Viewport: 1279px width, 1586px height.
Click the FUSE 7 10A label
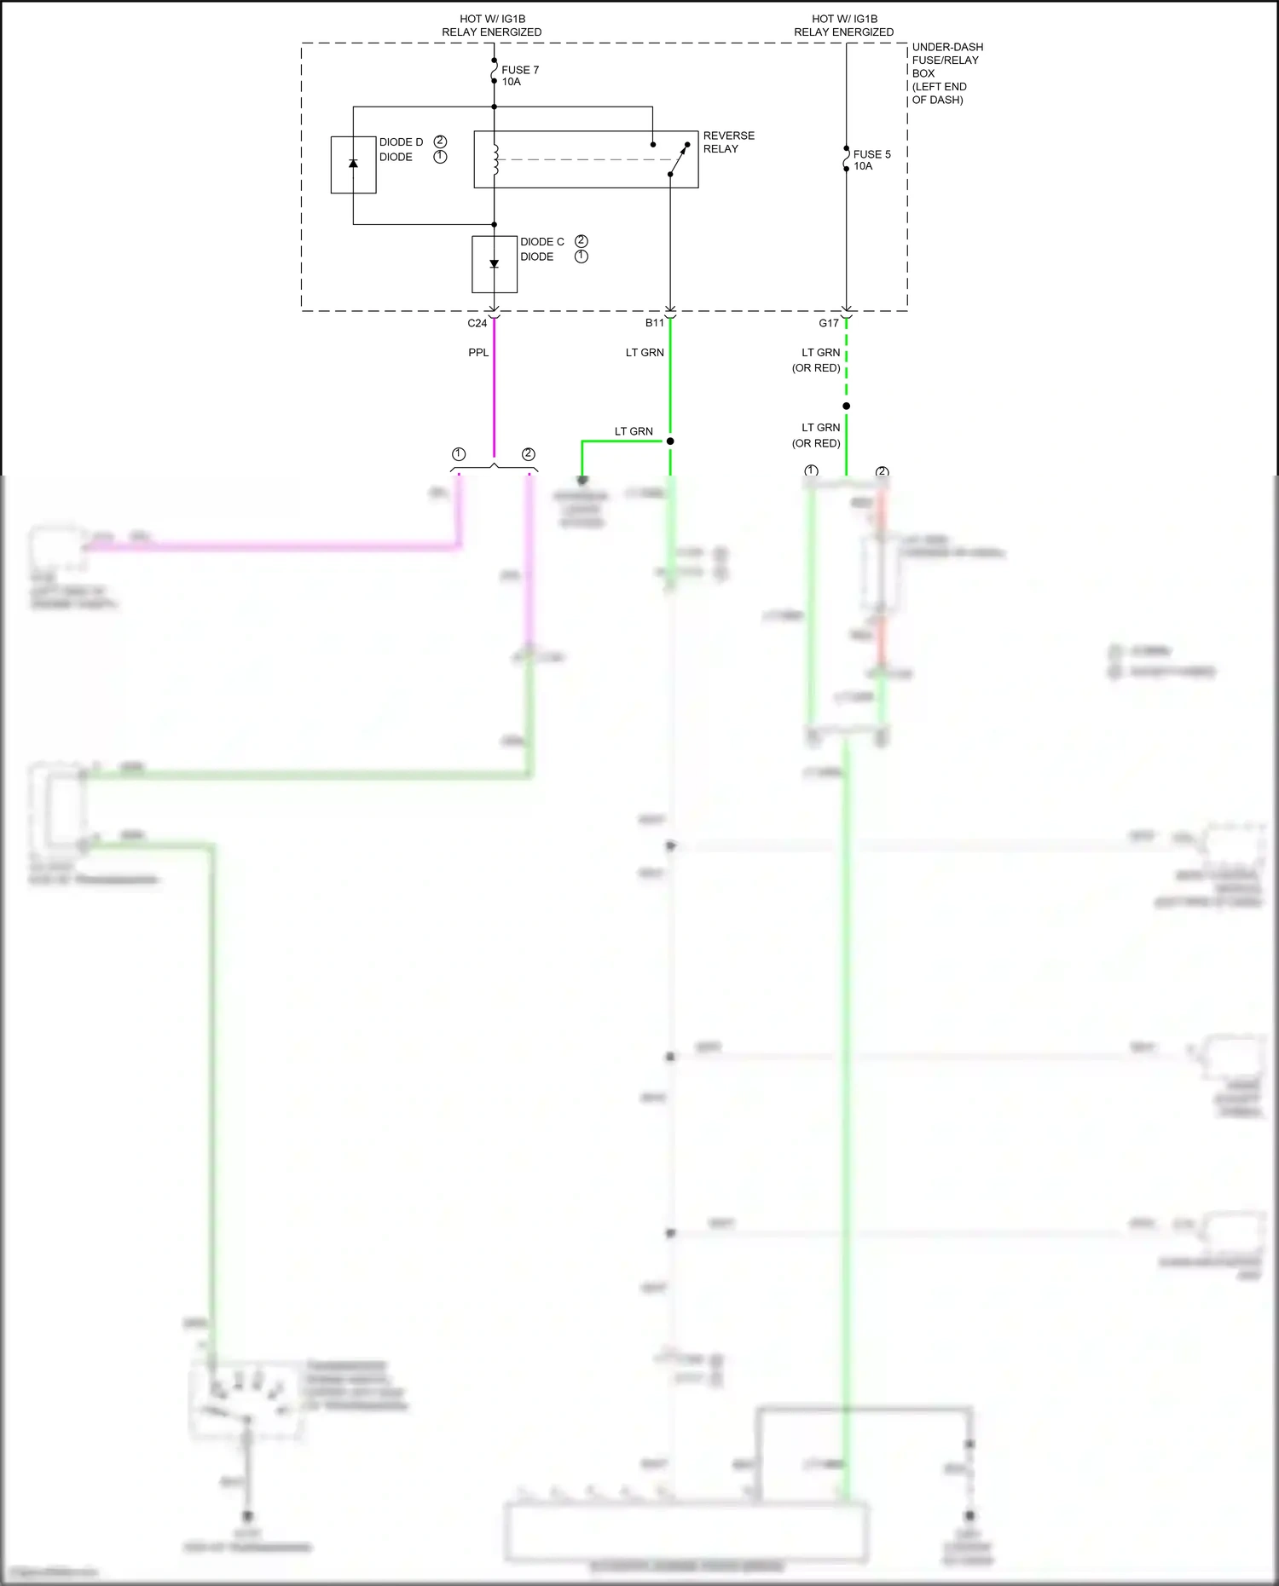click(519, 76)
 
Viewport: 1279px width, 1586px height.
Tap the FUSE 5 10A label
click(871, 160)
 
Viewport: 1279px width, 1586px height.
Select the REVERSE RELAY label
click(728, 142)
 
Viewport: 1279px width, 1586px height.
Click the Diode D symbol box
click(353, 164)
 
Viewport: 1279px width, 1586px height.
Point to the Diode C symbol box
click(495, 264)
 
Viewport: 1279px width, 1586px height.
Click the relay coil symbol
click(495, 160)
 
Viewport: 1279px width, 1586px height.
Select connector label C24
click(477, 323)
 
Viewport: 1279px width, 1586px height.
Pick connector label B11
click(654, 323)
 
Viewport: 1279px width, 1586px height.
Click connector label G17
click(828, 323)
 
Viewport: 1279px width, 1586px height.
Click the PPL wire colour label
click(478, 353)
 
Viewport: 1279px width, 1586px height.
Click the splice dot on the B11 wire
click(670, 441)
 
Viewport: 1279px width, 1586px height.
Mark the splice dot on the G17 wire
click(846, 407)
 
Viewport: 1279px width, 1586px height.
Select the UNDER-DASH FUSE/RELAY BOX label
click(946, 73)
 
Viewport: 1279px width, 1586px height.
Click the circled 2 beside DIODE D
click(440, 141)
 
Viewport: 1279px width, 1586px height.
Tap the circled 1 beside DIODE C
click(582, 257)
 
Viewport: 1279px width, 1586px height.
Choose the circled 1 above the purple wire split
click(459, 454)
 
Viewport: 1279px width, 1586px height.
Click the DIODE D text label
click(401, 142)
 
